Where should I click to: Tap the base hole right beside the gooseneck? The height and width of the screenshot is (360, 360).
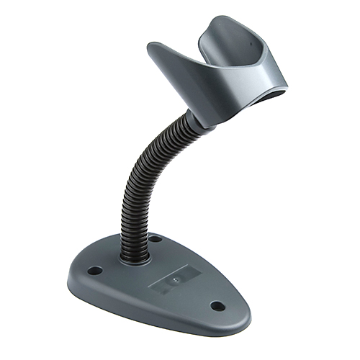point(156,238)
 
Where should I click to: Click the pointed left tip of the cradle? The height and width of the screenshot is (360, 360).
point(151,48)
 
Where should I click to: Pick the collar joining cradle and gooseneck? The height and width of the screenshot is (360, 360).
point(203,115)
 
